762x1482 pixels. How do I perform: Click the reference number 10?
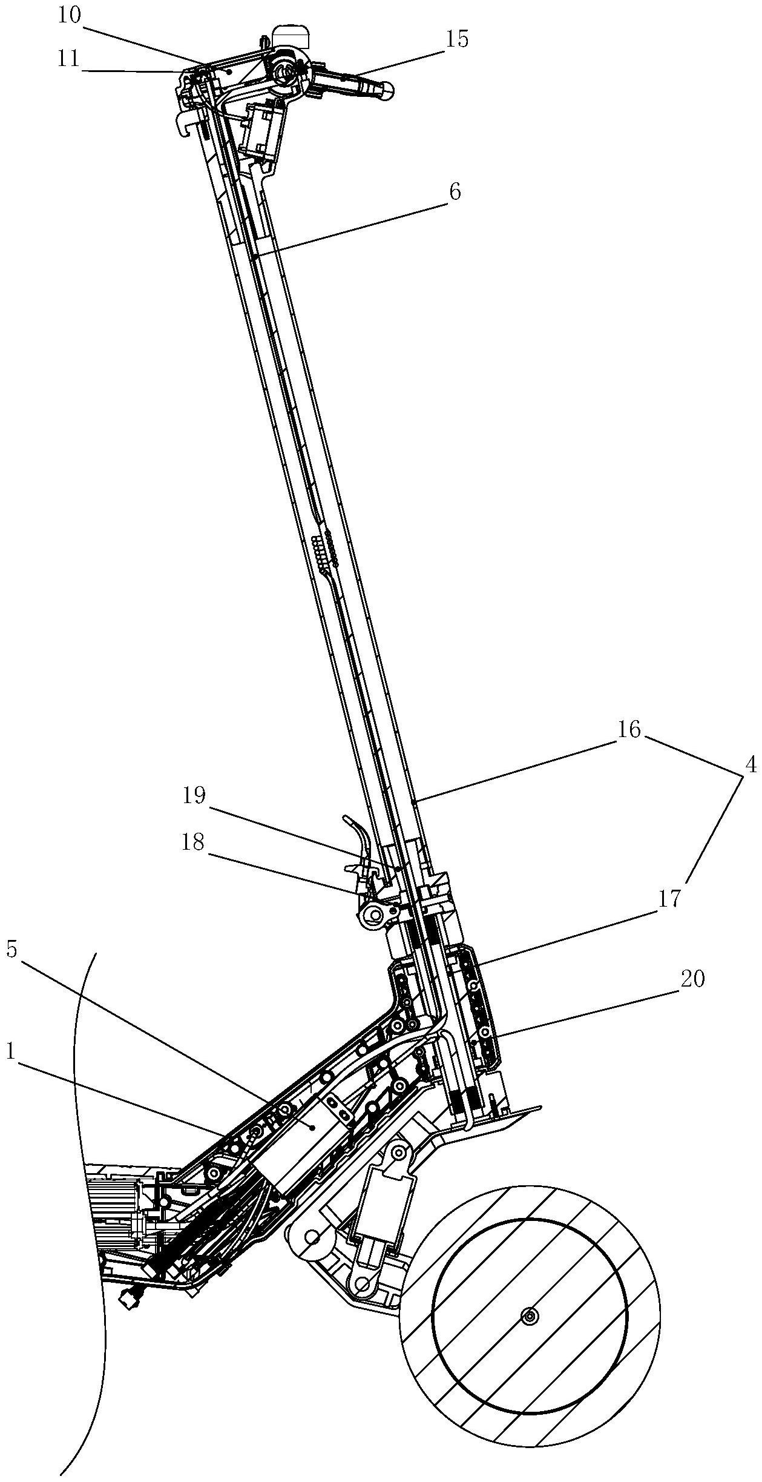[x=69, y=16]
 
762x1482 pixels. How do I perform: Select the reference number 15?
[x=457, y=39]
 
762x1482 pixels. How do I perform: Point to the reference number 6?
[x=455, y=192]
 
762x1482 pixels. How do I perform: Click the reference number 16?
[x=629, y=730]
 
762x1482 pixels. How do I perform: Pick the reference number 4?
[x=751, y=766]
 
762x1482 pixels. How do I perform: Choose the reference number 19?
[x=194, y=795]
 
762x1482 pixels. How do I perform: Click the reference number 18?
[x=193, y=842]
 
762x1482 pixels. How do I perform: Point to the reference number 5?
[x=12, y=950]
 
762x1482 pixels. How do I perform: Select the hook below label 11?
[x=184, y=124]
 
